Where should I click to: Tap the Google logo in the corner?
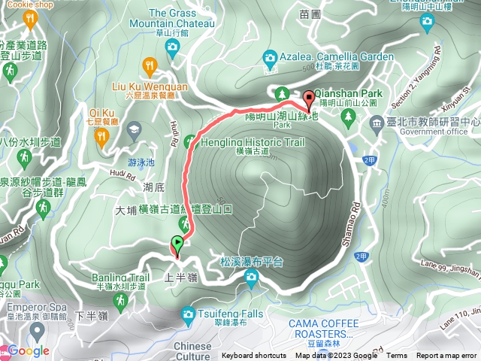tap(29, 350)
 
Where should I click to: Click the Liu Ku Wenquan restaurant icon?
tap(153, 65)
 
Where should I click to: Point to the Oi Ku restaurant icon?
tap(103, 135)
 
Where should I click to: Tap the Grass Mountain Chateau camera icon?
tap(172, 48)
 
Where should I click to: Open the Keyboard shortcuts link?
tap(253, 356)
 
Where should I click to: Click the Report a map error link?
tap(446, 356)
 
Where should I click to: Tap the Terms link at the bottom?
tap(397, 356)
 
